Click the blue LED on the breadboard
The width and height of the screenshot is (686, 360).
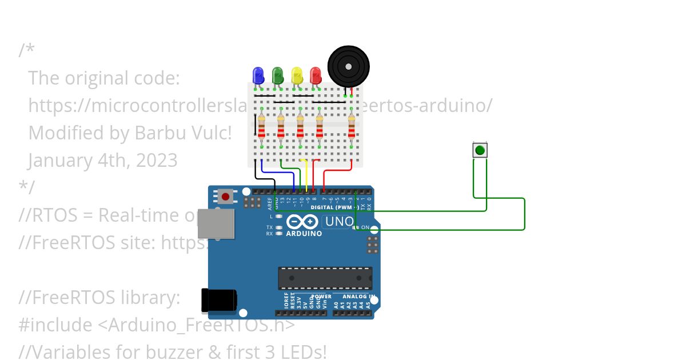pos(258,75)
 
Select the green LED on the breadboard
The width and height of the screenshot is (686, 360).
pos(278,75)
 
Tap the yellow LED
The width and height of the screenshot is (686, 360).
pos(297,75)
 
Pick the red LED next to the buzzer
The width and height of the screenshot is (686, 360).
pos(316,75)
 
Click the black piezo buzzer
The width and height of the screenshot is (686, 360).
pos(348,66)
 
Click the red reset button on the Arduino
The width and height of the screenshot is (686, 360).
pos(226,197)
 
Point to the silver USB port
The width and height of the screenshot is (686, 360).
pos(216,223)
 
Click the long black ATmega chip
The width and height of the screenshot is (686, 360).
pos(325,278)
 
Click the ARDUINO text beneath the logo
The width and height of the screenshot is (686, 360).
pos(304,233)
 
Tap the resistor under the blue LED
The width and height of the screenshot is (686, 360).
pos(262,127)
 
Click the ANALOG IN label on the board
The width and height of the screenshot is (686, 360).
pos(358,297)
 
